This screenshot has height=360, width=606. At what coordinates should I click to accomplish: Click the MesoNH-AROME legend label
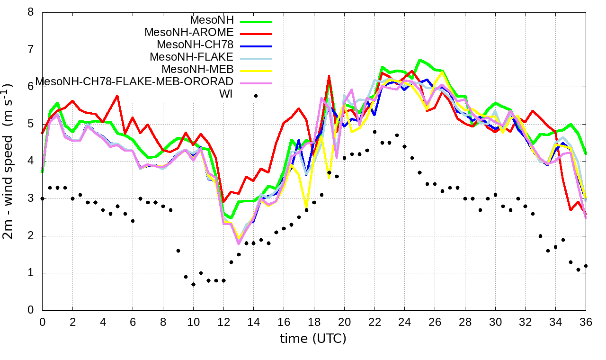pos(189,33)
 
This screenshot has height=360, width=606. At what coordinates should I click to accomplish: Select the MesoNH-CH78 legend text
pos(195,45)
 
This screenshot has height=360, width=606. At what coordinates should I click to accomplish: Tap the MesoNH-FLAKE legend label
pos(192,57)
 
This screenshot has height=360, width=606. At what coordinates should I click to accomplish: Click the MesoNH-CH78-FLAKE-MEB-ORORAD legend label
pos(134,82)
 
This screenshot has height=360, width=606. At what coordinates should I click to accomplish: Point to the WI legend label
pos(226,94)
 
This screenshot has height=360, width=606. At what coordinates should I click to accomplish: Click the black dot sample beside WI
pos(256,96)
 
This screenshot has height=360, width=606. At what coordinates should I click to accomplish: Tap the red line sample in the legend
pos(256,34)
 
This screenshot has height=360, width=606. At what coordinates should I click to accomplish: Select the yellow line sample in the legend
pos(256,71)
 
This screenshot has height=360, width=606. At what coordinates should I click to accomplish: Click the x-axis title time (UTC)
pos(313,339)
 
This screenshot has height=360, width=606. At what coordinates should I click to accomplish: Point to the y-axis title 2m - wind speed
pos(10,161)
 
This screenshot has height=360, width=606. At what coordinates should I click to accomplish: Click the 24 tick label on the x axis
pos(405,321)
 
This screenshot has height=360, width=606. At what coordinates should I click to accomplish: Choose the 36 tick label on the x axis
pos(586,321)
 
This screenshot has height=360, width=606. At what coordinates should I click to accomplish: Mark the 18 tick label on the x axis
pos(314,321)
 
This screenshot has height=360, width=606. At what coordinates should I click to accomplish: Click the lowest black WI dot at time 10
pos(193,284)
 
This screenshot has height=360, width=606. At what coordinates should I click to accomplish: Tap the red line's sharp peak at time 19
pos(329,76)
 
